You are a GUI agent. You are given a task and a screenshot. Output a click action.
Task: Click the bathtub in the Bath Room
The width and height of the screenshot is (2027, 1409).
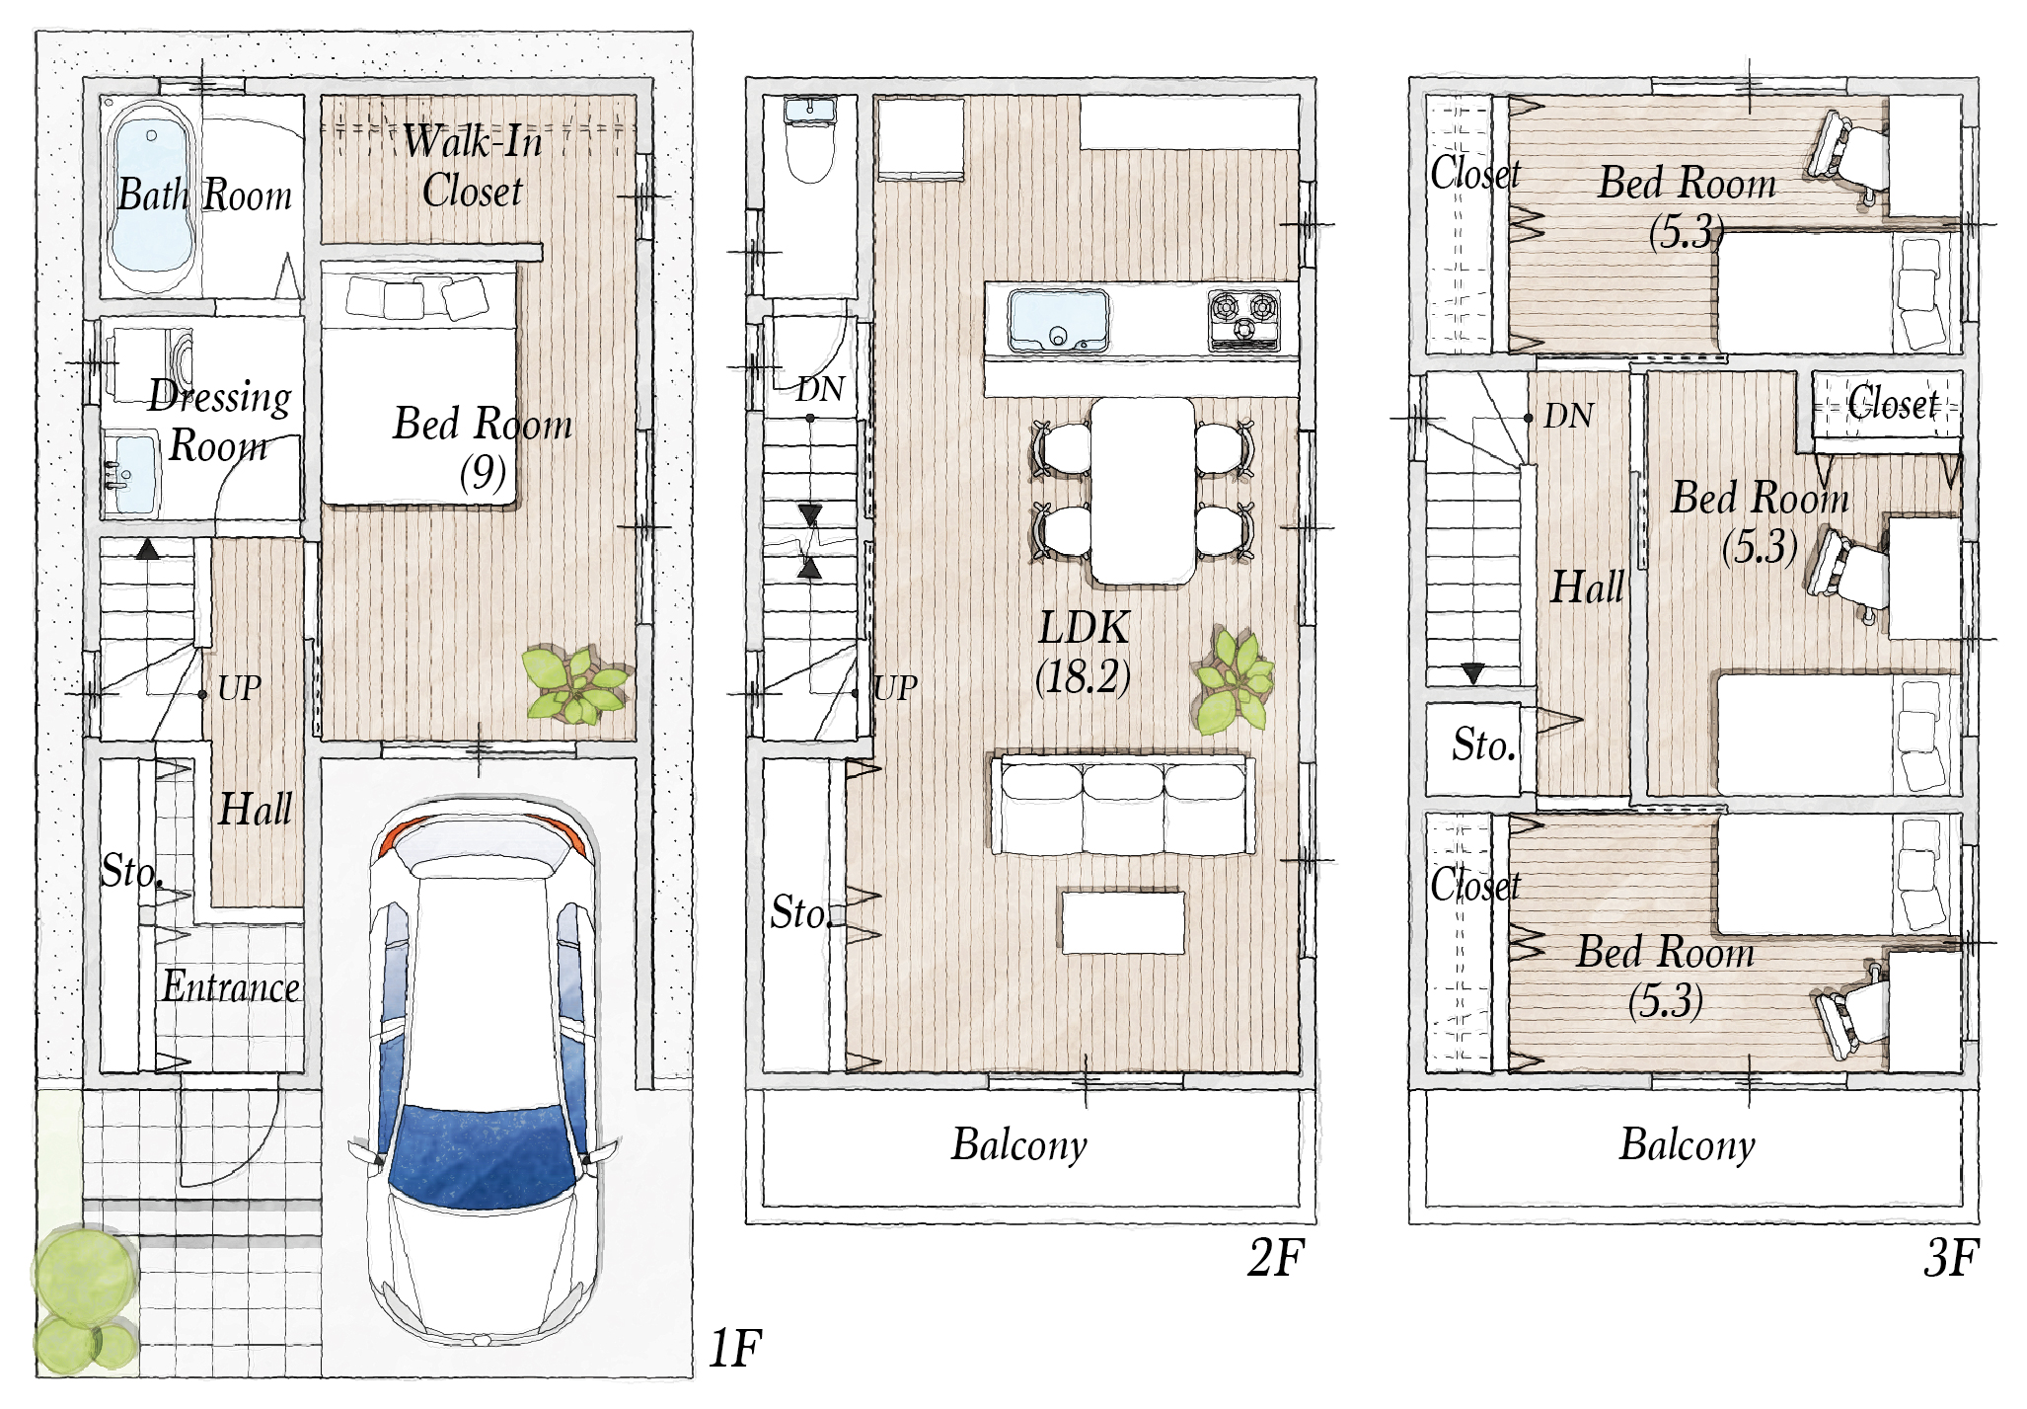tap(150, 197)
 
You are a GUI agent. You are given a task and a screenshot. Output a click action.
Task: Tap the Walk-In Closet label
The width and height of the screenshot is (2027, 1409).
tap(473, 166)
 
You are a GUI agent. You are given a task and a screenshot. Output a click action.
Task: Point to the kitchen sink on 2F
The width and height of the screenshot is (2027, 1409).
tap(1058, 321)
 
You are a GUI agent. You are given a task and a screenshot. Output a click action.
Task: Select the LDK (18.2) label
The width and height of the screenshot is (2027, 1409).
tap(1084, 652)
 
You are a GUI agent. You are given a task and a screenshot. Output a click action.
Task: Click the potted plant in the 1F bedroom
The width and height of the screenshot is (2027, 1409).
tap(575, 684)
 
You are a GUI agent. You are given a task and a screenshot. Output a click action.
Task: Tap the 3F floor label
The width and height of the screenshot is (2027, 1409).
tap(1951, 1257)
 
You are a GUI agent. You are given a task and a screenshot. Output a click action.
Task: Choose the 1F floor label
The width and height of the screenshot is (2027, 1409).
tap(735, 1348)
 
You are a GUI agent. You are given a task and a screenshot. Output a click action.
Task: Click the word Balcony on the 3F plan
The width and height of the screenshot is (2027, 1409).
tap(1688, 1145)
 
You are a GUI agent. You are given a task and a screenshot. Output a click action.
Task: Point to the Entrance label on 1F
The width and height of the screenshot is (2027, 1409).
tap(231, 986)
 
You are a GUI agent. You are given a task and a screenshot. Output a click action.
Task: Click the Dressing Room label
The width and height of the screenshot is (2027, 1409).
tap(219, 421)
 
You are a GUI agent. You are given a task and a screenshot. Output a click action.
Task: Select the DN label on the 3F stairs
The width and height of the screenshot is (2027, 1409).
tap(1568, 416)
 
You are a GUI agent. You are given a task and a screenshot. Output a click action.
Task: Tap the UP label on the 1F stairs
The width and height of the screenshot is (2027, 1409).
tap(240, 688)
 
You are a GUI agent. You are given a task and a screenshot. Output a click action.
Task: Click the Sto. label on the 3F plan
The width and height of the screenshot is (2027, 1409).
tap(1483, 745)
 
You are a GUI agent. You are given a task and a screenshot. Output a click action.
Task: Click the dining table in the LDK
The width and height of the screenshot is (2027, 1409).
tap(1143, 491)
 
